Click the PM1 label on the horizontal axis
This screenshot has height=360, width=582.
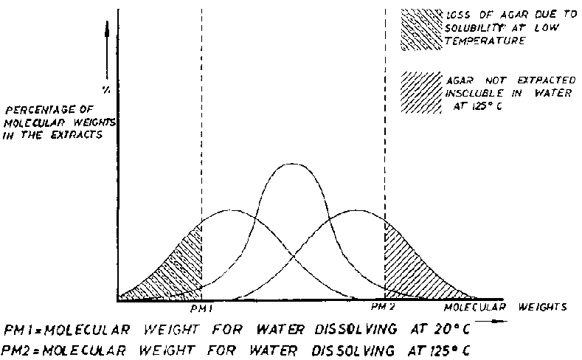(201, 306)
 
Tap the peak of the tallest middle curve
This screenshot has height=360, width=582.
(293, 164)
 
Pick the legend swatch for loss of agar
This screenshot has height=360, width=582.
(420, 30)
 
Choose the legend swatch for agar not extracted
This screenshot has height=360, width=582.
(420, 93)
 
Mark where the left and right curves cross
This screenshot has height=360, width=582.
(293, 255)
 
